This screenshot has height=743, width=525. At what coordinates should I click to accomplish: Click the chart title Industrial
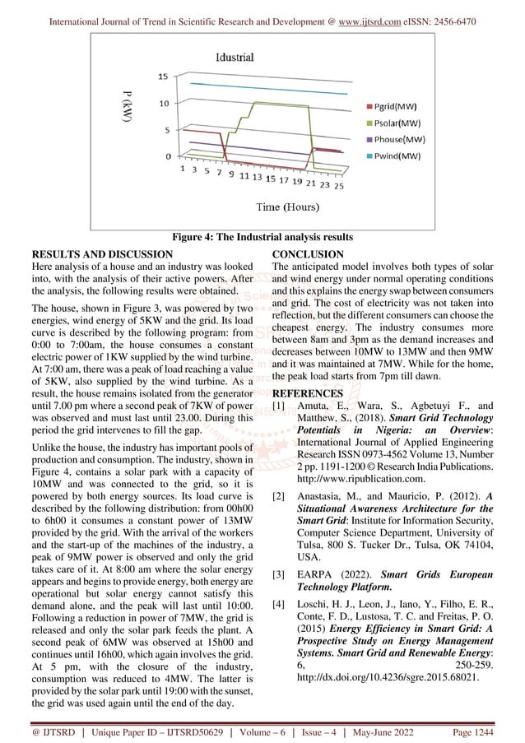[235, 58]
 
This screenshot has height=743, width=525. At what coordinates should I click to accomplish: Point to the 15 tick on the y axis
[163, 76]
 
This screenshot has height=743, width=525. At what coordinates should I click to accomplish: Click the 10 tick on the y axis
[163, 103]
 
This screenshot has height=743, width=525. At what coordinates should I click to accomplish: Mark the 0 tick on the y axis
[167, 156]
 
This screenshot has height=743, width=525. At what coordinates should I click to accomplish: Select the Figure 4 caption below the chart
[262, 238]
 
